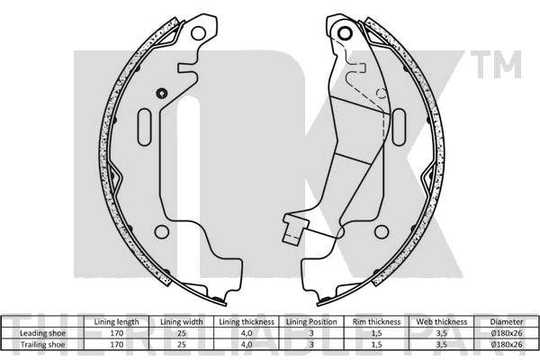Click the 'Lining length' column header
(116, 322)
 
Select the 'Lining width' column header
(182, 322)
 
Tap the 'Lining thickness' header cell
(247, 322)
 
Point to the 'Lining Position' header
(311, 322)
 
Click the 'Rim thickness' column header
(376, 322)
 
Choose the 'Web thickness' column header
(442, 322)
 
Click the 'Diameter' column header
(507, 322)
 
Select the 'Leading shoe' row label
(42, 333)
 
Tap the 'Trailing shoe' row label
(42, 344)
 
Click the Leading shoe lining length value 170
(116, 333)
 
